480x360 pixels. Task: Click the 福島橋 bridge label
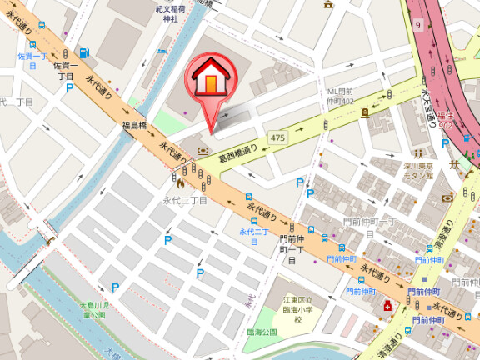pyautogui.click(x=135, y=126)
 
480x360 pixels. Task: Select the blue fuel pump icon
pyautogui.click(x=86, y=53)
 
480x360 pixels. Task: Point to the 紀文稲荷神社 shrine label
pyautogui.click(x=169, y=12)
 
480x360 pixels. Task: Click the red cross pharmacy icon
pyautogui.click(x=387, y=307)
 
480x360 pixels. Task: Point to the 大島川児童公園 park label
pyautogui.click(x=92, y=312)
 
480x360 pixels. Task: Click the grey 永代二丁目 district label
pyautogui.click(x=185, y=201)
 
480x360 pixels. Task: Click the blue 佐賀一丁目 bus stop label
pyautogui.click(x=30, y=60)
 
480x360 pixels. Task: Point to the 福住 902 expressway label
pyautogui.click(x=447, y=121)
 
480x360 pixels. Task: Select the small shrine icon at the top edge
pyautogui.click(x=328, y=4)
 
